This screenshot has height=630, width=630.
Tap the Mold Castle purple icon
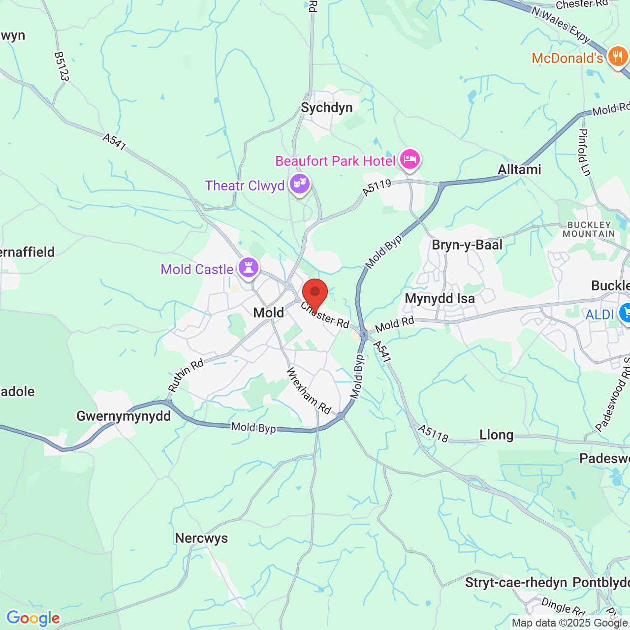[249, 268]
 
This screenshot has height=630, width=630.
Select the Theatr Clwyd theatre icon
[299, 184]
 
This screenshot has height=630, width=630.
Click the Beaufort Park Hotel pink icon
[409, 159]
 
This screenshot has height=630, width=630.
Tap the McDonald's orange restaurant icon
[617, 57]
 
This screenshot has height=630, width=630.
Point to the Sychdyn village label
[327, 108]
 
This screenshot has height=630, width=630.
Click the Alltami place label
[519, 170]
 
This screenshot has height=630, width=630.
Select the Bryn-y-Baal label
[467, 245]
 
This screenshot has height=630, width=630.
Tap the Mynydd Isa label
[440, 299]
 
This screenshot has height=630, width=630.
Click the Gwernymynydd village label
[124, 416]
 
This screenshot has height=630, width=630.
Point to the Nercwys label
[201, 538]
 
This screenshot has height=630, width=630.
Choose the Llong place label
[497, 435]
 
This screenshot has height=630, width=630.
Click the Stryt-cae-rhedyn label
[516, 583]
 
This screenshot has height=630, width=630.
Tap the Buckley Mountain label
[589, 229]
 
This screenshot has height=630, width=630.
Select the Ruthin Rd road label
[186, 376]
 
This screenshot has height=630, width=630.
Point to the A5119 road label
[377, 187]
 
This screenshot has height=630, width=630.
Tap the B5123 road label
[62, 66]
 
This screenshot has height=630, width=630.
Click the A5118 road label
[433, 433]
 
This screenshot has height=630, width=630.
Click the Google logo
[33, 618]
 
